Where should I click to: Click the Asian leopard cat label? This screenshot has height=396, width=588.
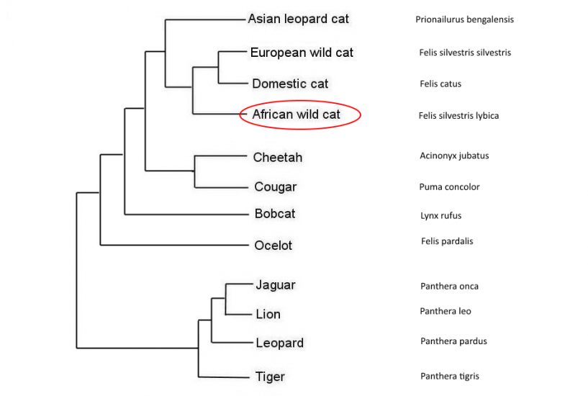tap(298, 19)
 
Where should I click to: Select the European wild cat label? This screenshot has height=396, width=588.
tap(302, 53)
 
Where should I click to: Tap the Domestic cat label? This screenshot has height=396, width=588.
tap(290, 84)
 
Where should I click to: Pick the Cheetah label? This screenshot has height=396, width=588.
tap(278, 157)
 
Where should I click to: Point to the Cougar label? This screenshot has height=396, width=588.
tap(276, 187)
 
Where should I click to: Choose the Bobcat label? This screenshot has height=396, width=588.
tap(275, 214)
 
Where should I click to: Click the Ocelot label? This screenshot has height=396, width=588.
tap(273, 246)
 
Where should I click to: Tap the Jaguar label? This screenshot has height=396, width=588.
tap(276, 285)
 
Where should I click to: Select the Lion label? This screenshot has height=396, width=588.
tap(268, 314)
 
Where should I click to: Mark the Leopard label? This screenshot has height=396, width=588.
tap(280, 343)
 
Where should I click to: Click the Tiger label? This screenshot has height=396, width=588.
tap(270, 377)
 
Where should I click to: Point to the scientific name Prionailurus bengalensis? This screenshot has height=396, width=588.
tap(464, 19)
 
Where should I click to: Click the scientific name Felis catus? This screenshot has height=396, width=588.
tap(440, 84)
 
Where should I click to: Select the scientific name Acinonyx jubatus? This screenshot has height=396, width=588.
tap(454, 156)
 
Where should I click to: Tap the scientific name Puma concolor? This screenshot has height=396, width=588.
tap(449, 187)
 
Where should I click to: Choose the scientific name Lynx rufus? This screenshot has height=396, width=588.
tap(440, 215)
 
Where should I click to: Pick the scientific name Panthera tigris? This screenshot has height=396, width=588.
tap(449, 376)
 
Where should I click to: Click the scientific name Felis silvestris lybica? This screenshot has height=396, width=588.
tap(458, 115)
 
